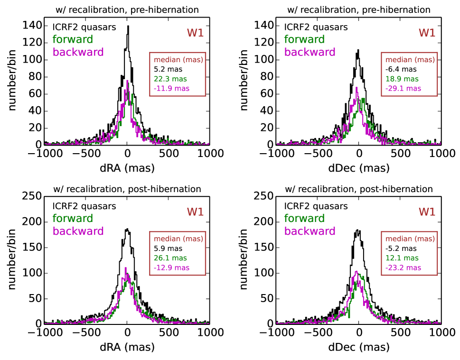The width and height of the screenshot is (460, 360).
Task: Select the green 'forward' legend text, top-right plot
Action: (305, 39)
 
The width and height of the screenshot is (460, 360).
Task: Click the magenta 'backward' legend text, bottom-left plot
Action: (78, 231)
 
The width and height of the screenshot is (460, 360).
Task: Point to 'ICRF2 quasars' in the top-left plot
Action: (84, 27)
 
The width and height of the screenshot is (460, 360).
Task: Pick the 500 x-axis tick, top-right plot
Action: (401, 154)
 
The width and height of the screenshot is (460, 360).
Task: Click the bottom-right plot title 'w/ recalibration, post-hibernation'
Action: (359, 189)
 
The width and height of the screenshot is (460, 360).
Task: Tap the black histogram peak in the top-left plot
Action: (128, 27)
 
